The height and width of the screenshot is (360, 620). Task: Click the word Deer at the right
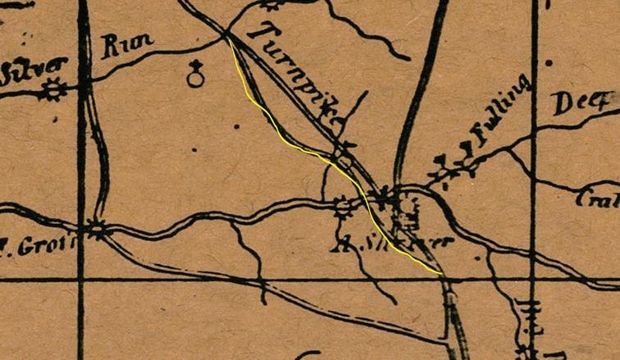click(x=583, y=104)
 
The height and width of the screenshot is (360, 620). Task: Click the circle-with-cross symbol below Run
click(x=195, y=75)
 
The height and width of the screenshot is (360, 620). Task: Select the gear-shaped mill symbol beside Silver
click(x=55, y=89)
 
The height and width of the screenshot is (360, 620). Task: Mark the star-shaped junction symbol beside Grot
click(x=98, y=230)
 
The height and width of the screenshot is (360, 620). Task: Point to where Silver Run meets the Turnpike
click(x=226, y=34)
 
